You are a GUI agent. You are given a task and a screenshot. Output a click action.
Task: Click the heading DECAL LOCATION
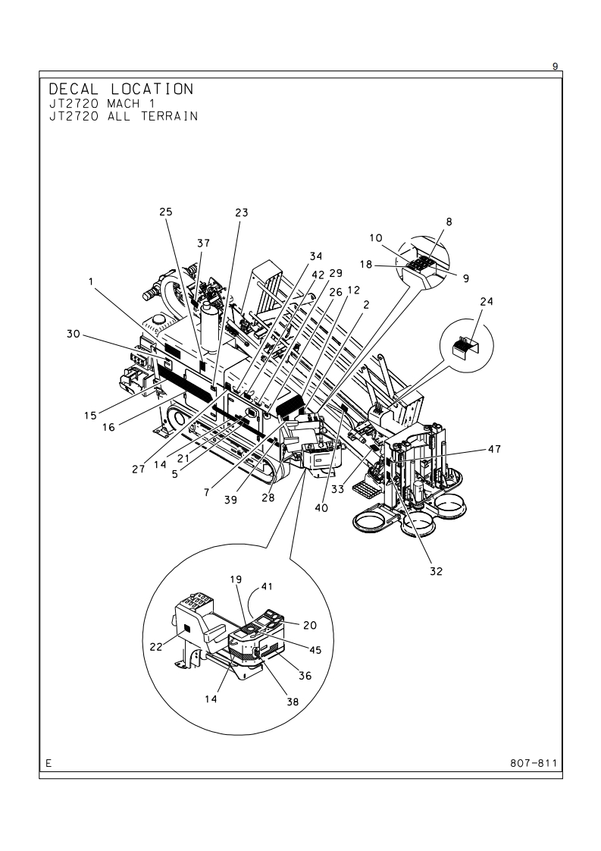(x=121, y=89)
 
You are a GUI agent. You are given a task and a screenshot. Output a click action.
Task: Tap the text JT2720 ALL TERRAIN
(x=123, y=116)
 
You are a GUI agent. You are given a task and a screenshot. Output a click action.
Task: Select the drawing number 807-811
(x=534, y=763)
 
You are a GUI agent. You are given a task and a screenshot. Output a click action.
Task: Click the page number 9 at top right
(x=555, y=66)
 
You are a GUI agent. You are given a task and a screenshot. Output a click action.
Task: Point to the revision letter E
(x=49, y=763)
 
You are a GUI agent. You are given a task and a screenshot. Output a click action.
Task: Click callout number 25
(x=166, y=212)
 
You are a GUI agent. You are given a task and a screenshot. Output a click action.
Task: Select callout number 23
(x=241, y=212)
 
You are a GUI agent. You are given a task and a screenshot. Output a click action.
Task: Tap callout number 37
(x=203, y=243)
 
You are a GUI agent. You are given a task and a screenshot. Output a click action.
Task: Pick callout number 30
(x=74, y=334)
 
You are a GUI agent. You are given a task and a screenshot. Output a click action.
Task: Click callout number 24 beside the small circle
(x=487, y=301)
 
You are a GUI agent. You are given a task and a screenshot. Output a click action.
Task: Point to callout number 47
(x=494, y=449)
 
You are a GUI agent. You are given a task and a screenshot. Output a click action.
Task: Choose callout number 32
(x=436, y=571)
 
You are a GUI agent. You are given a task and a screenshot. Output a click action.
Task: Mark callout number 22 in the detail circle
(x=156, y=646)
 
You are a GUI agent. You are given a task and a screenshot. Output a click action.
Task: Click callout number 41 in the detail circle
(x=267, y=586)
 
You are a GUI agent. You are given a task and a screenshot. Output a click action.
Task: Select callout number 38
(x=293, y=702)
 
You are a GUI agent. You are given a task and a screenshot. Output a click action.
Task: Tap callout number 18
(x=366, y=264)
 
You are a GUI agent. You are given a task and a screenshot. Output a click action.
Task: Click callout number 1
(x=91, y=281)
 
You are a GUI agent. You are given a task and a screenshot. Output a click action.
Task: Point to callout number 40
(x=321, y=508)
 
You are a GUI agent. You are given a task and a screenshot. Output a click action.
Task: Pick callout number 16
(x=108, y=427)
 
